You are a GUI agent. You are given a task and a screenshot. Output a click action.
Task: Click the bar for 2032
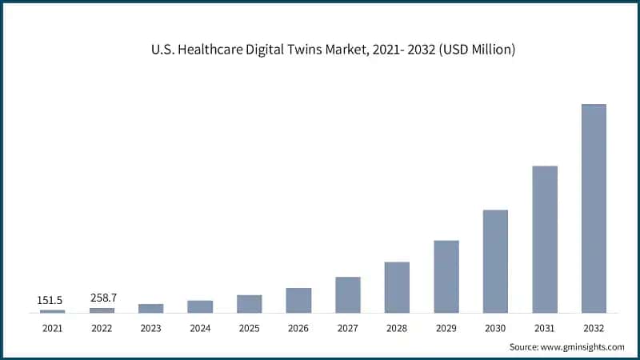pos(594,208)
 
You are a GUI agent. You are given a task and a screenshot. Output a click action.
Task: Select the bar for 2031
pos(544,239)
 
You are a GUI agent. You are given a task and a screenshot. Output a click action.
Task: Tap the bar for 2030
pos(495,261)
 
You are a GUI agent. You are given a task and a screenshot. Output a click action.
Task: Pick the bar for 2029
pos(446,276)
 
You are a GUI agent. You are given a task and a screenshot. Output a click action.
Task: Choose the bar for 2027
pos(348,294)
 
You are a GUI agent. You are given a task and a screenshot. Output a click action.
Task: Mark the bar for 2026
pos(298,300)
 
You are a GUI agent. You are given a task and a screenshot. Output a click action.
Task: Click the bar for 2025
pos(250,303)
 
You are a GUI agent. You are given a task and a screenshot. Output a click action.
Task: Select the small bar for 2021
pos(53,310)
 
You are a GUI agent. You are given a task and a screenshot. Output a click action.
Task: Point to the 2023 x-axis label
pos(151,328)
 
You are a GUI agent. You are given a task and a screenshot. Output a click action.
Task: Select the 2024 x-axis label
pos(200,328)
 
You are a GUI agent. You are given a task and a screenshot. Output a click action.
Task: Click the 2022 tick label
pos(102,328)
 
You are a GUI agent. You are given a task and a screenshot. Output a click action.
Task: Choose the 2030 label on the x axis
pos(495,328)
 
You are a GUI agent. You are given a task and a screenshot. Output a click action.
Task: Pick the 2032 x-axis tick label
pos(594,328)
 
